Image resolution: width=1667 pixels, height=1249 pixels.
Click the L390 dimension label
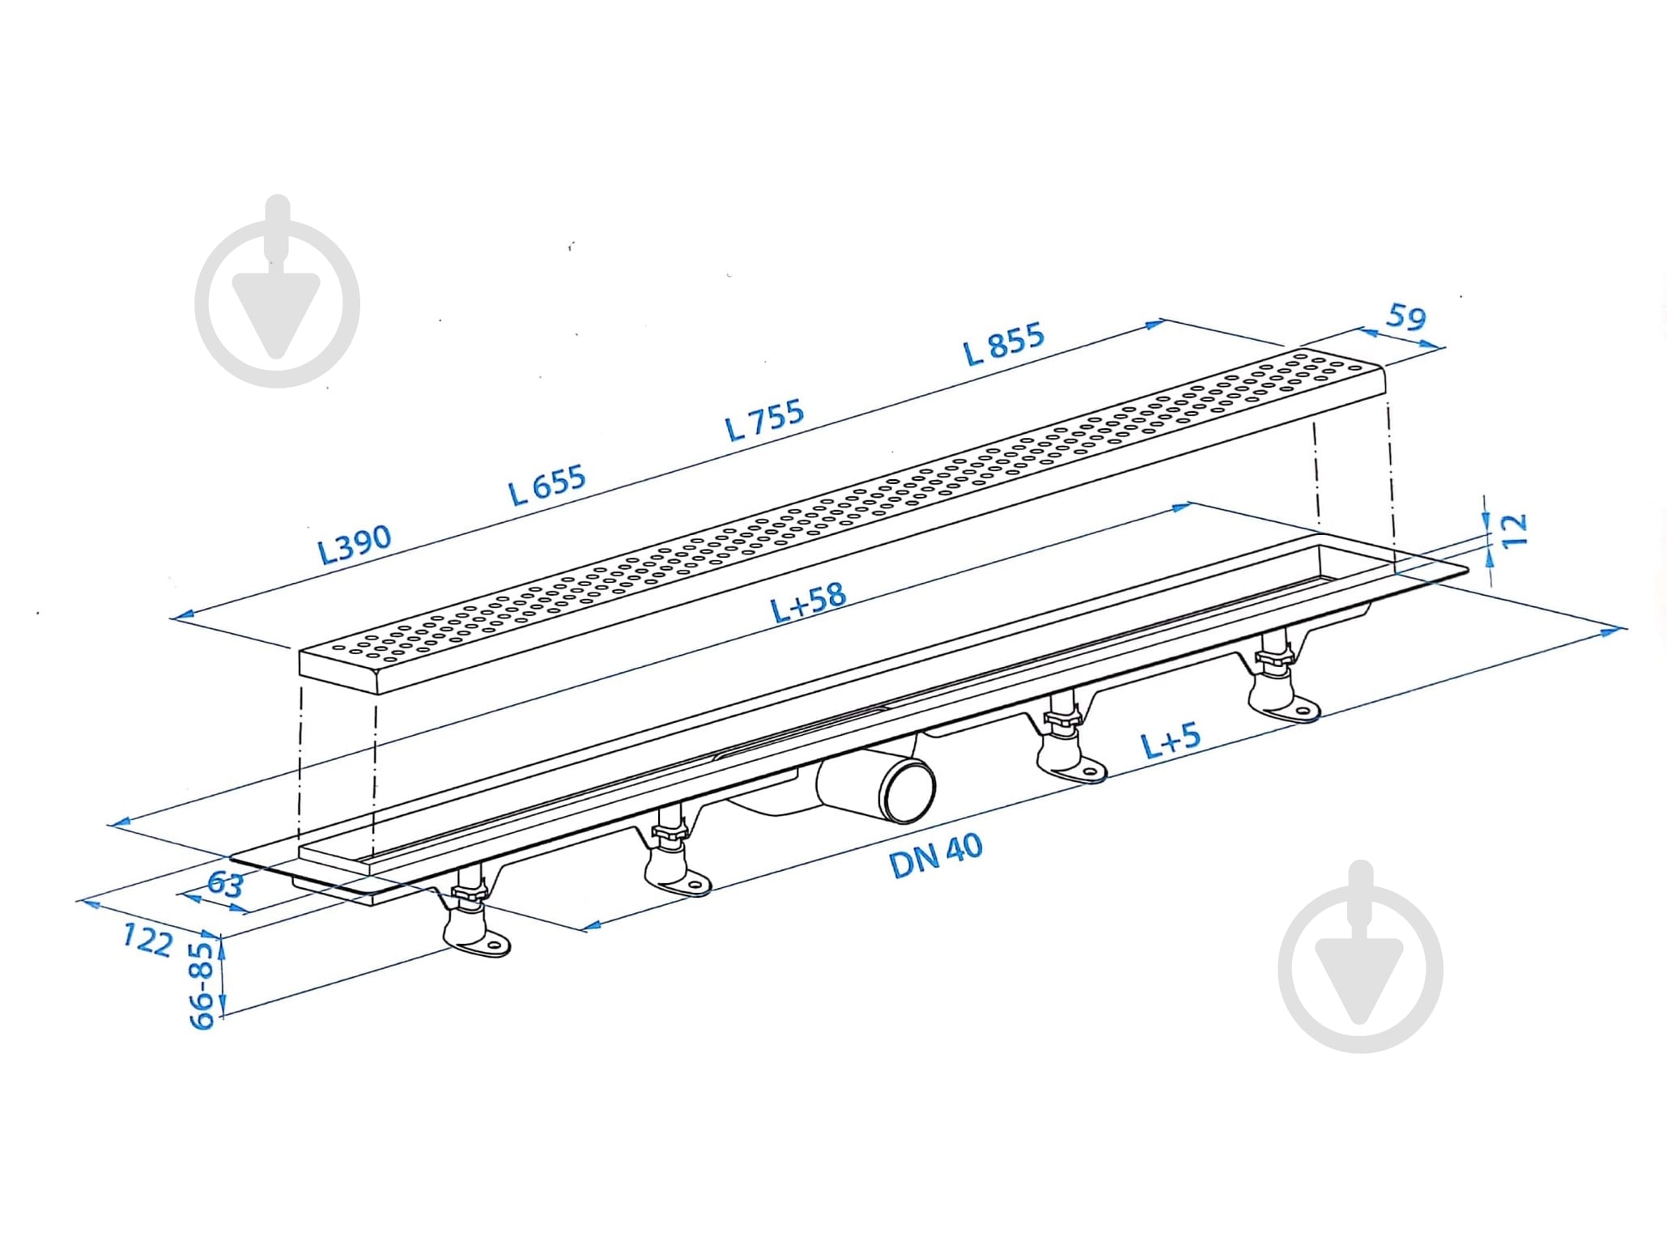(355, 544)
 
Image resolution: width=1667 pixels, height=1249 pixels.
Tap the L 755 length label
(764, 419)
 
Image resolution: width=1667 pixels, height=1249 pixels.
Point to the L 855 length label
(1004, 343)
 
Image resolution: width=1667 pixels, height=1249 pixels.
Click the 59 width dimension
(1405, 316)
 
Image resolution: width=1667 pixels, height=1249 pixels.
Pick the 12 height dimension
(1513, 530)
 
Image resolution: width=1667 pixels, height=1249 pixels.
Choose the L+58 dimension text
(808, 602)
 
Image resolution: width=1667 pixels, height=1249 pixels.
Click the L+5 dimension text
(1171, 741)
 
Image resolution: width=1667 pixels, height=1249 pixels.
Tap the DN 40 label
(936, 856)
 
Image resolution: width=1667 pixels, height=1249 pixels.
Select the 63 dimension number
(224, 883)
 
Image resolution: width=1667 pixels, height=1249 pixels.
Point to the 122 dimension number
(147, 940)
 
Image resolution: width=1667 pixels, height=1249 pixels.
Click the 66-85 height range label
(202, 984)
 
